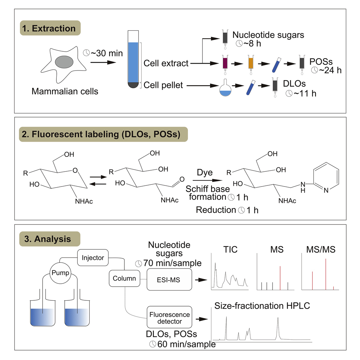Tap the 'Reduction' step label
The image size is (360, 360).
216,209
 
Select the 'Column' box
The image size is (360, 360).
124,278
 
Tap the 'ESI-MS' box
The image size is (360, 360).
169,279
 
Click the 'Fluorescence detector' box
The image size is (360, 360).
169,317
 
